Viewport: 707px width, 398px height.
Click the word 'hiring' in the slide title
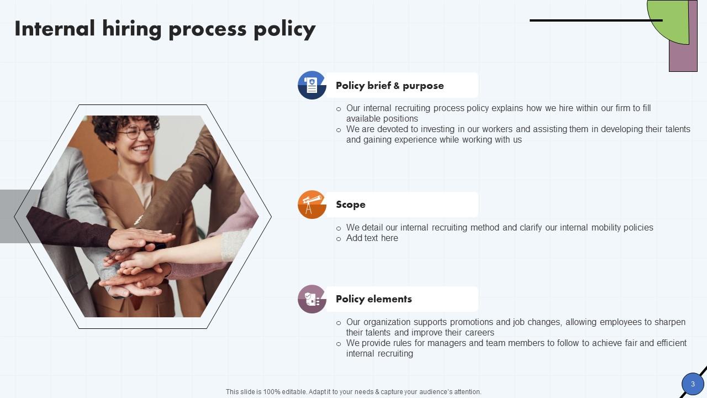pos(131,29)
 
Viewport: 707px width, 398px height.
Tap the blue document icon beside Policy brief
pos(312,85)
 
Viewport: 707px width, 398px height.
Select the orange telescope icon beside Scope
pos(312,205)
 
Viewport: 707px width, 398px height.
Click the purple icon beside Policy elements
pos(312,299)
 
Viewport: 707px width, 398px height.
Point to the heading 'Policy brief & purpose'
pos(389,86)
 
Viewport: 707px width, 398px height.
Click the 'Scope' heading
pos(350,205)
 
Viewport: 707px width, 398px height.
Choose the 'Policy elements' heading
pos(373,299)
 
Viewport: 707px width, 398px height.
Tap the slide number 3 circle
pos(693,384)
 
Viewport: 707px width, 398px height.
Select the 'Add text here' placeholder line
pos(372,238)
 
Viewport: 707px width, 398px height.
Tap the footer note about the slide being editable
pos(353,392)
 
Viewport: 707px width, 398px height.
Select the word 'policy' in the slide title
pos(284,29)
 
